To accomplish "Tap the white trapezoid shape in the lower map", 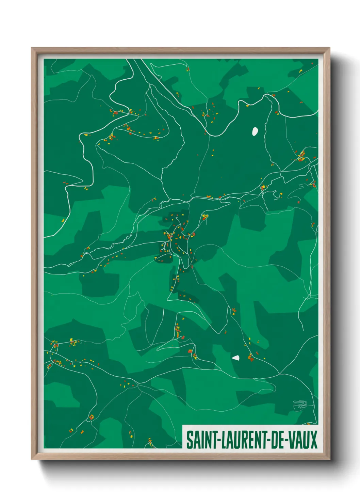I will click(x=236, y=358).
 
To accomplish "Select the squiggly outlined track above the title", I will click(x=300, y=404).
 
